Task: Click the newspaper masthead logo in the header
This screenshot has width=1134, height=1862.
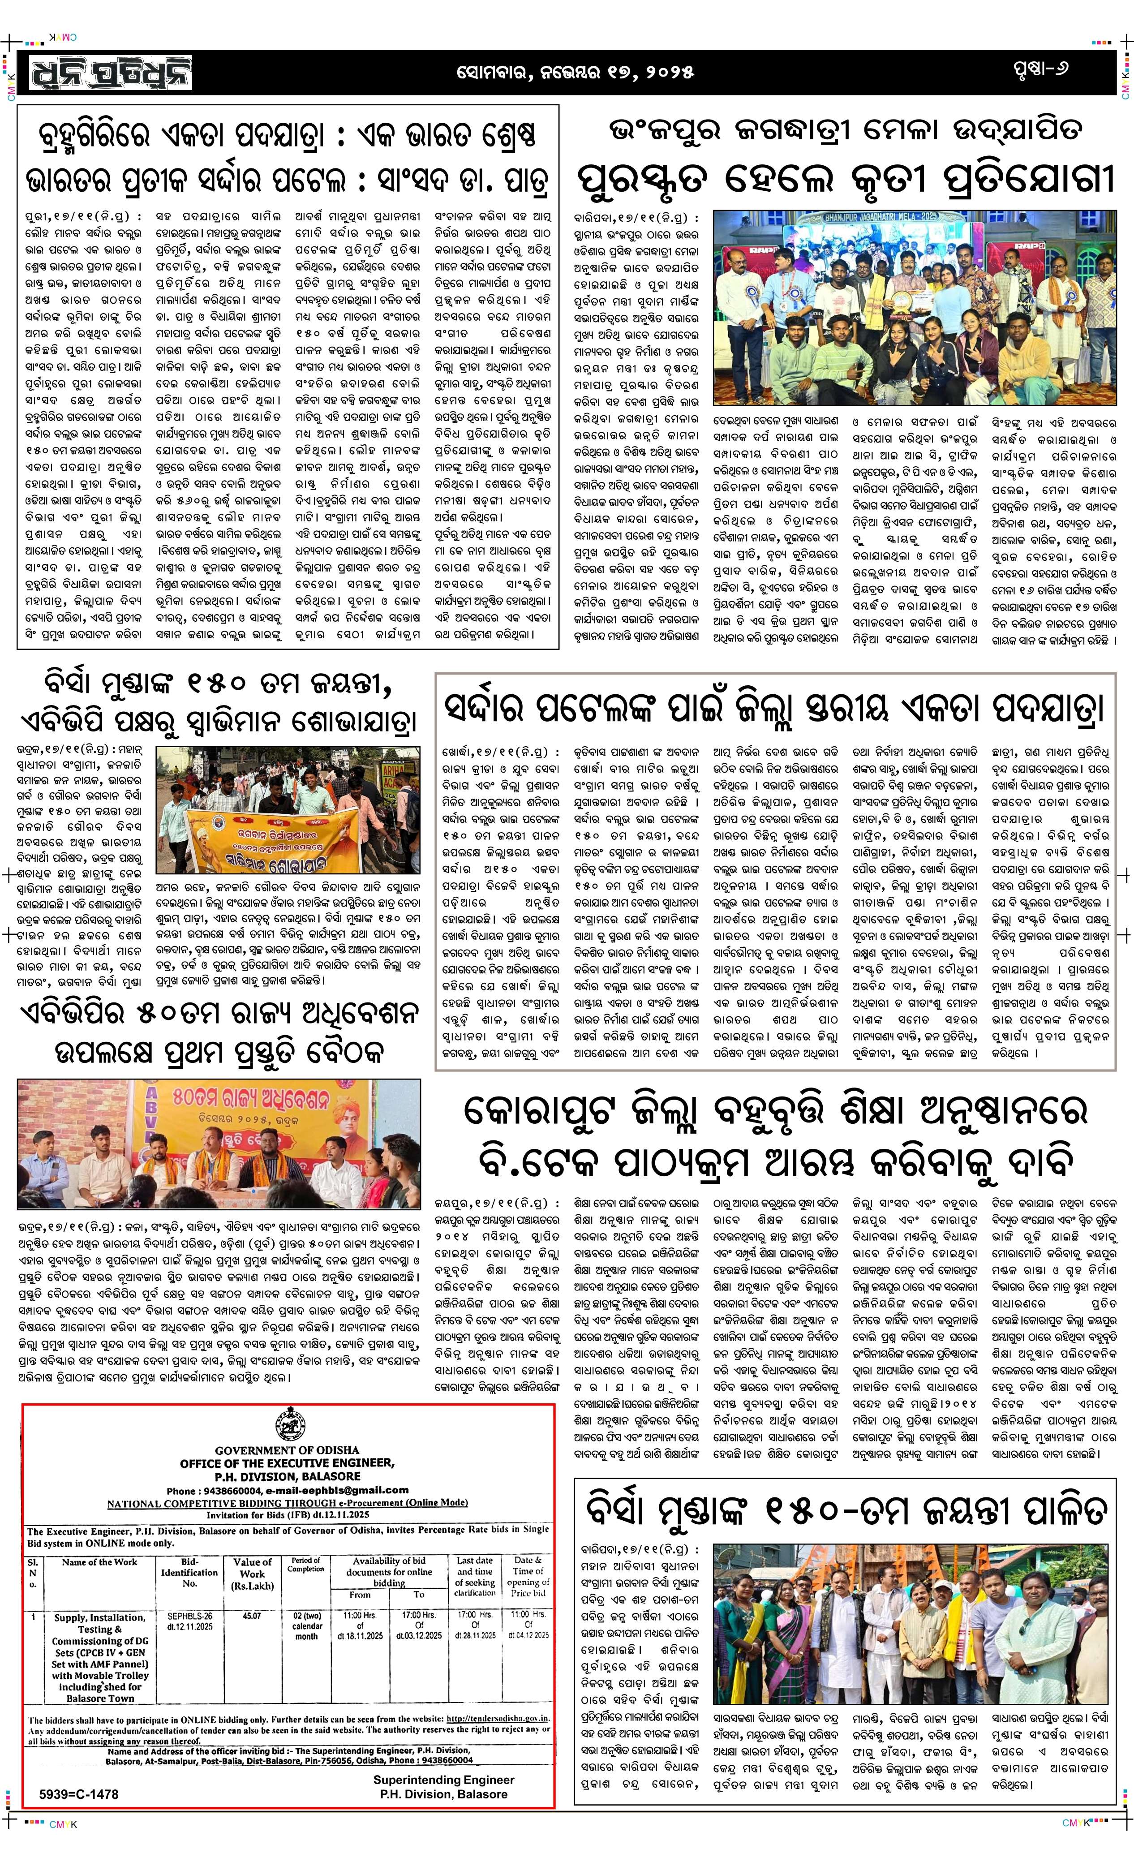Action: (111, 73)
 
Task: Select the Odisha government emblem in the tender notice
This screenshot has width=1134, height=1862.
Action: (287, 1426)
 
